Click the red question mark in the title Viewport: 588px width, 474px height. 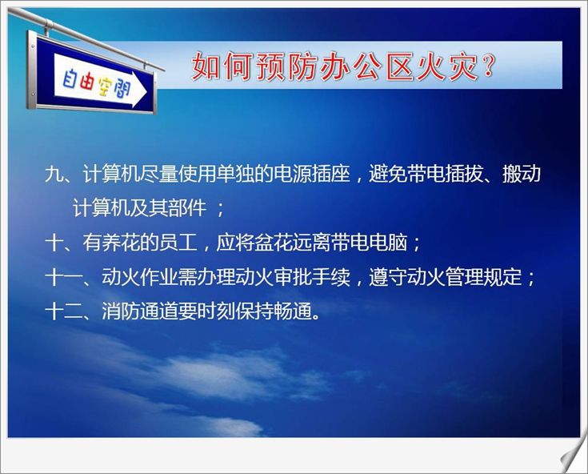pos(488,66)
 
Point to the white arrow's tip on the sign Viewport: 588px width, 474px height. pos(146,91)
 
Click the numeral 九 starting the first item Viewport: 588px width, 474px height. pos(54,174)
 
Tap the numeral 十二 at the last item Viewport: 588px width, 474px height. pos(63,311)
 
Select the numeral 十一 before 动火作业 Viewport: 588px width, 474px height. pos(63,277)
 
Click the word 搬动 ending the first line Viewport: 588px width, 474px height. pos(522,174)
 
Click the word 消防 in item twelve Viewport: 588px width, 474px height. pos(121,311)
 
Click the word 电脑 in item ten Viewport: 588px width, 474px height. pos(388,243)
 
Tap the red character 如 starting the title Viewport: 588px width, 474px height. pos(206,66)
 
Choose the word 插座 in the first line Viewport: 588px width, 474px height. pos(330,174)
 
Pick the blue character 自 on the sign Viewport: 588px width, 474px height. pos(70,78)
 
